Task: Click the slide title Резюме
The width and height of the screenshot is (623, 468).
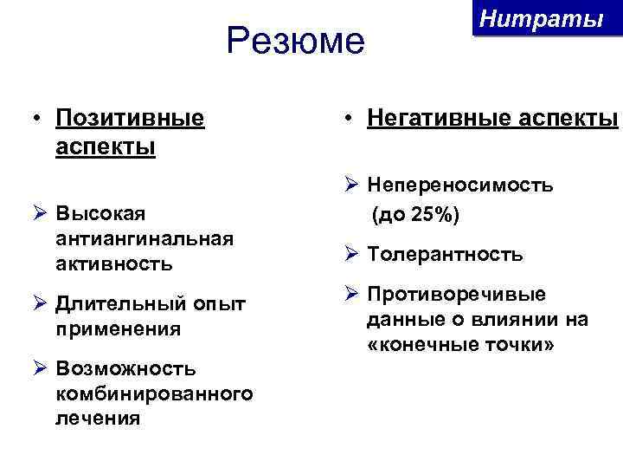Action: (296, 42)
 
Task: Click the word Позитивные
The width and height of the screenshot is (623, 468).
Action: (130, 117)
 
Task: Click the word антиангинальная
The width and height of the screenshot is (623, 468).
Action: (145, 237)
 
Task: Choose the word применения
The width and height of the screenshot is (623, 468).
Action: (118, 328)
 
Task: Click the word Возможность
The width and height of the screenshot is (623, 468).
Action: (125, 370)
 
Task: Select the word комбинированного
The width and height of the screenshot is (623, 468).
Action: (154, 394)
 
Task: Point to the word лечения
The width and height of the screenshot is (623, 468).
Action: (97, 419)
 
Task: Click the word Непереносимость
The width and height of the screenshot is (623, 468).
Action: (460, 185)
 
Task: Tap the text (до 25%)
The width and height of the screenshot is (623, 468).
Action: (416, 213)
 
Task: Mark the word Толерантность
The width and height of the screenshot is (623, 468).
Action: (445, 255)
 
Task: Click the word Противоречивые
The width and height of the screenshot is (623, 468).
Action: (456, 295)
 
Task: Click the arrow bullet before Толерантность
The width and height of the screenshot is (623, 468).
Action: (350, 253)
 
